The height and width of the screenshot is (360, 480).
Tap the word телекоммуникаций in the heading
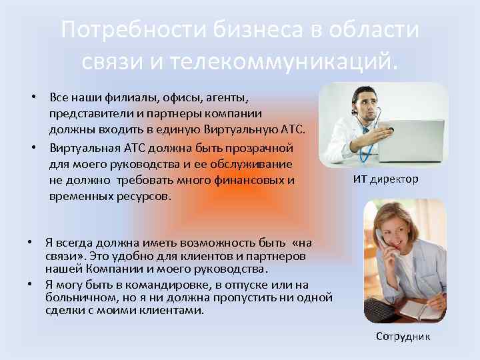pyautogui.click(x=284, y=61)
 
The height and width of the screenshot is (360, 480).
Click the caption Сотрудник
pyautogui.click(x=403, y=337)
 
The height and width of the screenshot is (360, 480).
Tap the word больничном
pyautogui.click(x=79, y=297)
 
